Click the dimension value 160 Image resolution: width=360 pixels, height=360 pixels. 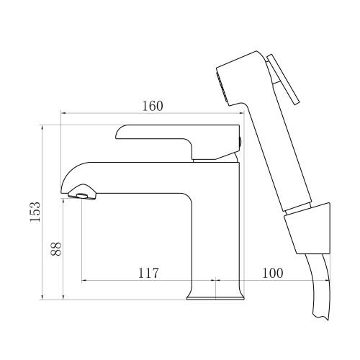click(151, 105)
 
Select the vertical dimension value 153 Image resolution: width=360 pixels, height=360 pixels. click(34, 212)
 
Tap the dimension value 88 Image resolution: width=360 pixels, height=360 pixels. click(57, 248)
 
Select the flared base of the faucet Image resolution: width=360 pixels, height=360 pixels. click(215, 294)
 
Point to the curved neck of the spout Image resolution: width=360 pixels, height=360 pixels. click(76, 173)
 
